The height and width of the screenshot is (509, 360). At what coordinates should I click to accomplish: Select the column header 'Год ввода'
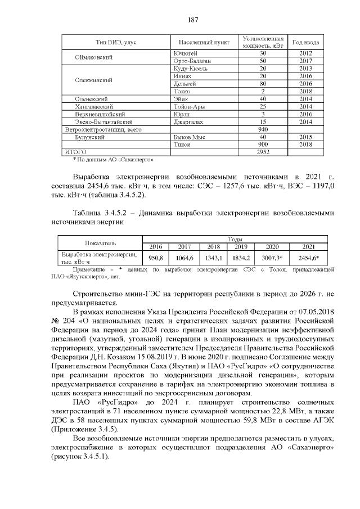click(306, 42)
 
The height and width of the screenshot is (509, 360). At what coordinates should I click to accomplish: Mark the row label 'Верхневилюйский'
click(103, 114)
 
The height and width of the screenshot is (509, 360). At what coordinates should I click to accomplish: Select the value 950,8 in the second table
click(155, 258)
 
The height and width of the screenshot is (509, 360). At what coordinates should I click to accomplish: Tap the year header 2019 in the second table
click(241, 246)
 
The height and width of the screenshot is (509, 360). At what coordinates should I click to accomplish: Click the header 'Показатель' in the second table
click(100, 243)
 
